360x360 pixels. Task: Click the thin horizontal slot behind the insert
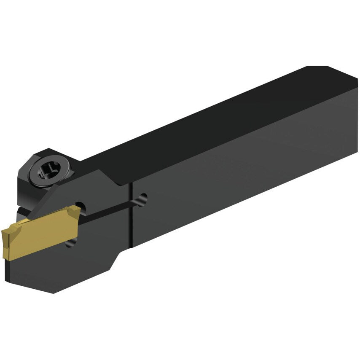point(110,209)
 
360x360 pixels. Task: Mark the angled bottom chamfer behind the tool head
point(120,257)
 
